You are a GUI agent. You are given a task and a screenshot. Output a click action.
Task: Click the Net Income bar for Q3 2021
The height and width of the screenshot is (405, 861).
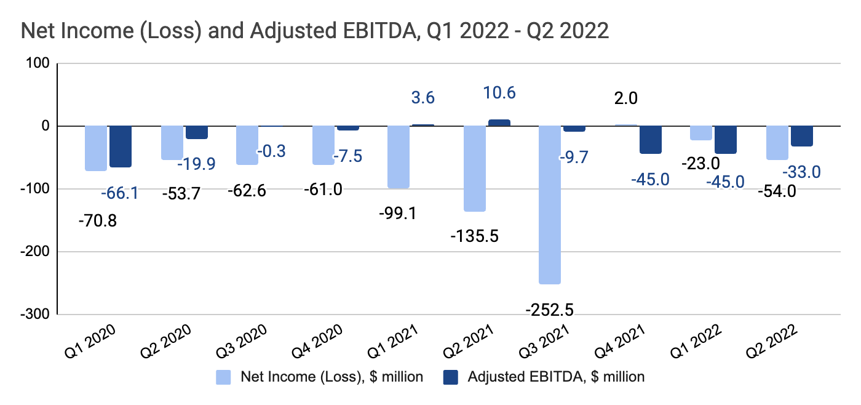pos(550,204)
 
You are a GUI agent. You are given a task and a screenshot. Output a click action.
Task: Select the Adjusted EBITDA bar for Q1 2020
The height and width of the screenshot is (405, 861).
pos(121,146)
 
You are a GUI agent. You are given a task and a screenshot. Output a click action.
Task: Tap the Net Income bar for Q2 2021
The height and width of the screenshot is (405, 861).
pos(474,169)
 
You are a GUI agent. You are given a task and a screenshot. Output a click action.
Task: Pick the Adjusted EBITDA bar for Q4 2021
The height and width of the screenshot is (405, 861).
pos(650,140)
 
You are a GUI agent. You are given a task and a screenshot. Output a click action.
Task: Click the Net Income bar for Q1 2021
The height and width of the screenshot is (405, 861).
pos(399,157)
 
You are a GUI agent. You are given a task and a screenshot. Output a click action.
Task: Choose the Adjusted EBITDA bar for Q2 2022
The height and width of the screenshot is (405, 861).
pos(801,136)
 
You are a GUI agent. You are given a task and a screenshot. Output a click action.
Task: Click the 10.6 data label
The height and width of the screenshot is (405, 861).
pos(499,93)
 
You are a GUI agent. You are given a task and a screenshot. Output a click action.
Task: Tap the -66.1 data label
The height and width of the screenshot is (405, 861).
pos(119,193)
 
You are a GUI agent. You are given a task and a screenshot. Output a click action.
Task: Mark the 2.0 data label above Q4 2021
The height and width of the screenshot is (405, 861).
pos(625,98)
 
